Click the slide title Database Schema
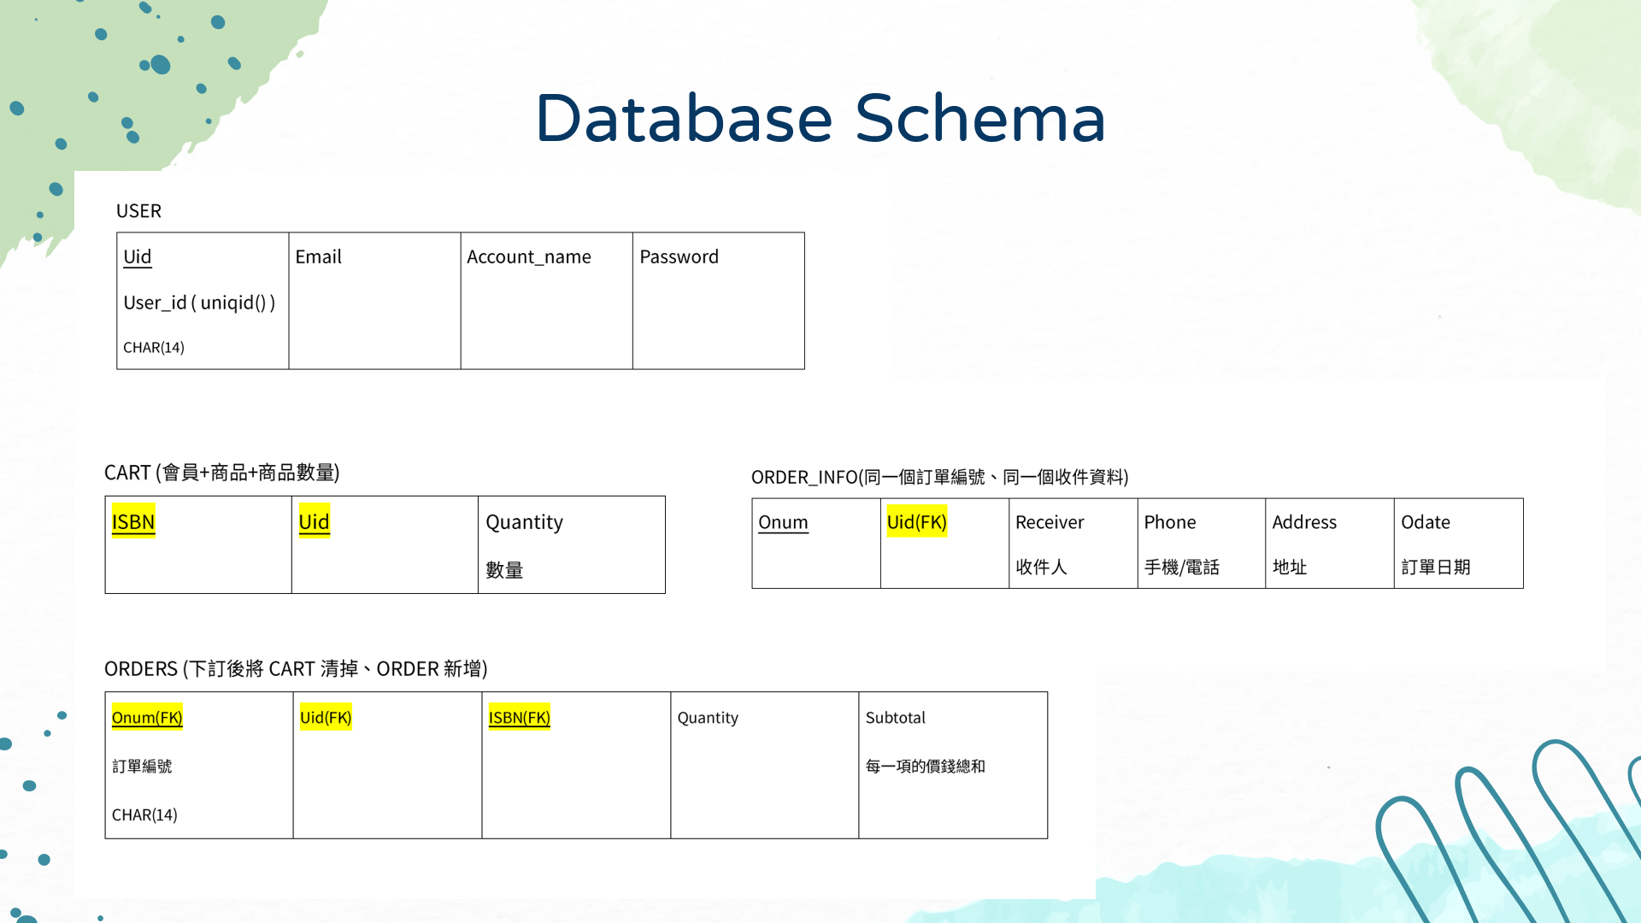(x=820, y=118)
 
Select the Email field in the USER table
(x=318, y=256)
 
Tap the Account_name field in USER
(x=528, y=256)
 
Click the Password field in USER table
(x=679, y=256)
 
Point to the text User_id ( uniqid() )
(x=199, y=303)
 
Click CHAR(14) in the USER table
(x=154, y=347)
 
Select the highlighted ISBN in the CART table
(x=133, y=521)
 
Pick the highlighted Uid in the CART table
(x=314, y=521)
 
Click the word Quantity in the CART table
(x=524, y=522)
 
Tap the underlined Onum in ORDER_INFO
(x=783, y=522)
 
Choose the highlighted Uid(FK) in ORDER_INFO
(x=916, y=522)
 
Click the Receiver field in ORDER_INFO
(x=1049, y=522)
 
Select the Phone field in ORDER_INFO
(x=1169, y=522)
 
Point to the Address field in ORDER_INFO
(x=1303, y=522)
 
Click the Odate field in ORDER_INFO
(x=1425, y=522)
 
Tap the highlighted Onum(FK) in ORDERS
(x=147, y=717)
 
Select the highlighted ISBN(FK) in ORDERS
(x=519, y=717)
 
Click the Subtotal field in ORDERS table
(x=895, y=717)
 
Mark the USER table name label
(x=138, y=211)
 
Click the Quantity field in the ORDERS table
(x=708, y=717)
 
